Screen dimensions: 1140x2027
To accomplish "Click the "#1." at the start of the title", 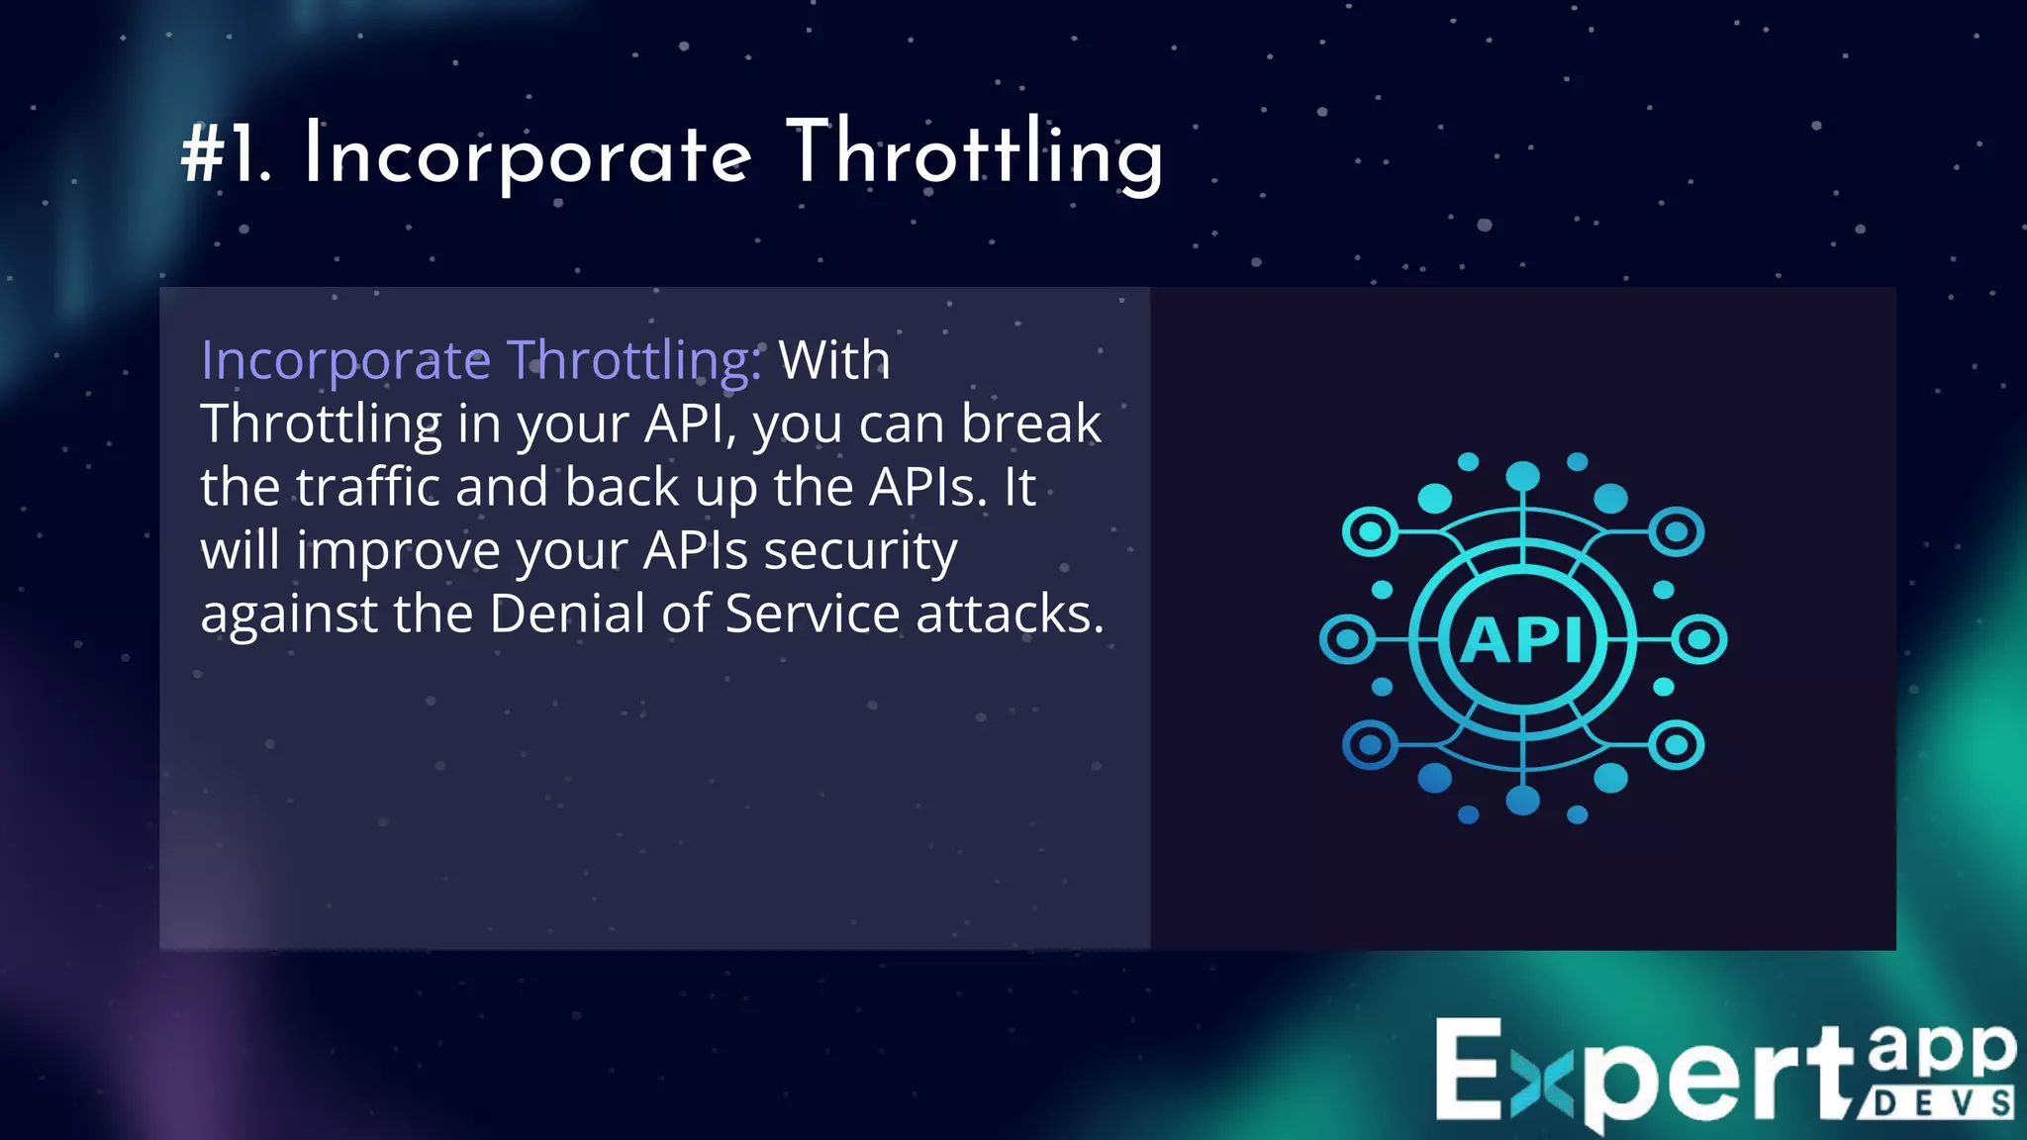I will click(x=226, y=156).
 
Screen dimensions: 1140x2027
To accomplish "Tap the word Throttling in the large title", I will click(x=975, y=156).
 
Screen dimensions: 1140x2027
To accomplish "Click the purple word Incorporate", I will click(x=345, y=361).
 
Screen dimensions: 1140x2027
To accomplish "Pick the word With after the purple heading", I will click(x=834, y=359).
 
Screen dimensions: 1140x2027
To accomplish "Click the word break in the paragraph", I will click(x=1030, y=424).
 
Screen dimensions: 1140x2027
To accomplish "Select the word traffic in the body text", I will click(x=367, y=487).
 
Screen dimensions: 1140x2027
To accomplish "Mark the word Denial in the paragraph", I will click(x=567, y=614).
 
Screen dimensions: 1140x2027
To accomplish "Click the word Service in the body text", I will click(x=812, y=614).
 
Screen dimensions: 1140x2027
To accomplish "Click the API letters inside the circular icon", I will click(x=1522, y=640).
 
